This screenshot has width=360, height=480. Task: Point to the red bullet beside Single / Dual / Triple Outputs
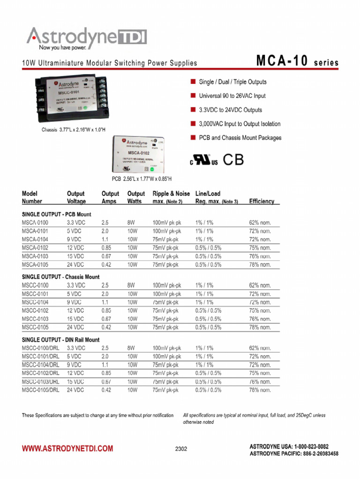pyautogui.click(x=192, y=82)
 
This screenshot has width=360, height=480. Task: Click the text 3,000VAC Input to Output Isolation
pyautogui.click(x=240, y=124)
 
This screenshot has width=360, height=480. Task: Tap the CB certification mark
pyautogui.click(x=233, y=160)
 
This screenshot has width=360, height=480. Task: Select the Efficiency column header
pyautogui.click(x=262, y=201)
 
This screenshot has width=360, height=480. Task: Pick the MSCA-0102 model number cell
pyautogui.click(x=35, y=248)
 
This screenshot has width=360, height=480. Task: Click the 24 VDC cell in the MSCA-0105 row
pyautogui.click(x=75, y=265)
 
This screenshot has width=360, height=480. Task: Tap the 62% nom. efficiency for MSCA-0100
pyautogui.click(x=260, y=223)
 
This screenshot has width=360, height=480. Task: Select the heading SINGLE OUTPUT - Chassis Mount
pyautogui.click(x=60, y=277)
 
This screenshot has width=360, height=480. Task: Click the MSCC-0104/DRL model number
pyautogui.click(x=41, y=365)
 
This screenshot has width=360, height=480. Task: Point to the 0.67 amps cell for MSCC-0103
pyautogui.click(x=106, y=319)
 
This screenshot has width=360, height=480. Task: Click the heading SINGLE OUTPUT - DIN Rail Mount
pyautogui.click(x=60, y=340)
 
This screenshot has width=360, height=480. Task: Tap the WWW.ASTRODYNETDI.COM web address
pyautogui.click(x=67, y=449)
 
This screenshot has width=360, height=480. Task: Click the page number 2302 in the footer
pyautogui.click(x=181, y=449)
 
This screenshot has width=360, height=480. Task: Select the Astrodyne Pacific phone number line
pyautogui.click(x=294, y=454)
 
